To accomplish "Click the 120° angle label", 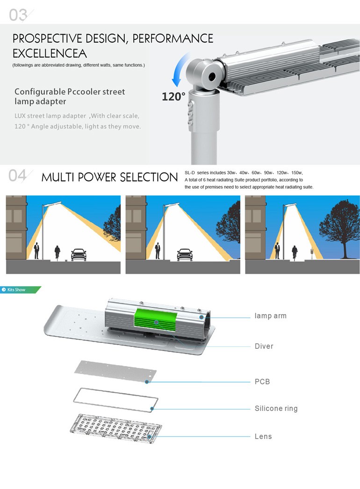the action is click(173, 97).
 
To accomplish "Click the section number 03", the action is click(18, 15).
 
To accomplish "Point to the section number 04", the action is click(17, 176).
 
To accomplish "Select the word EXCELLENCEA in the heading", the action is click(50, 54).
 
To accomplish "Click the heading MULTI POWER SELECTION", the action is click(109, 177).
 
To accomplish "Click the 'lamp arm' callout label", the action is click(271, 316).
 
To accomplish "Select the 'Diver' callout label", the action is click(264, 346).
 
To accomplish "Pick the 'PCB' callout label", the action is click(262, 382).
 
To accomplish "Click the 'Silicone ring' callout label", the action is click(276, 409).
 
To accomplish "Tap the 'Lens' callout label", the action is click(263, 436).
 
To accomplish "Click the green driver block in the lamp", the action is click(156, 318).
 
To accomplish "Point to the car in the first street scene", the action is click(79, 254).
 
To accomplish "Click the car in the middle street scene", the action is click(185, 254).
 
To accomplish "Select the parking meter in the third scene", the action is click(311, 253).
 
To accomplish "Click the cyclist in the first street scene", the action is click(57, 252).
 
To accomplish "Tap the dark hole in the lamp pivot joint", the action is click(212, 75).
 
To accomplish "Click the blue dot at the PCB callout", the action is click(147, 382).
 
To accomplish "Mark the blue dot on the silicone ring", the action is click(152, 409).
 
